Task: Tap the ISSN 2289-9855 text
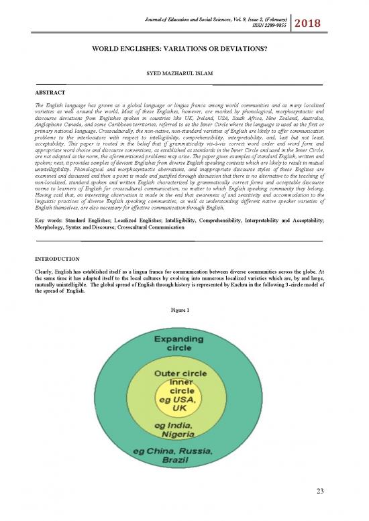(x=266, y=28)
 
